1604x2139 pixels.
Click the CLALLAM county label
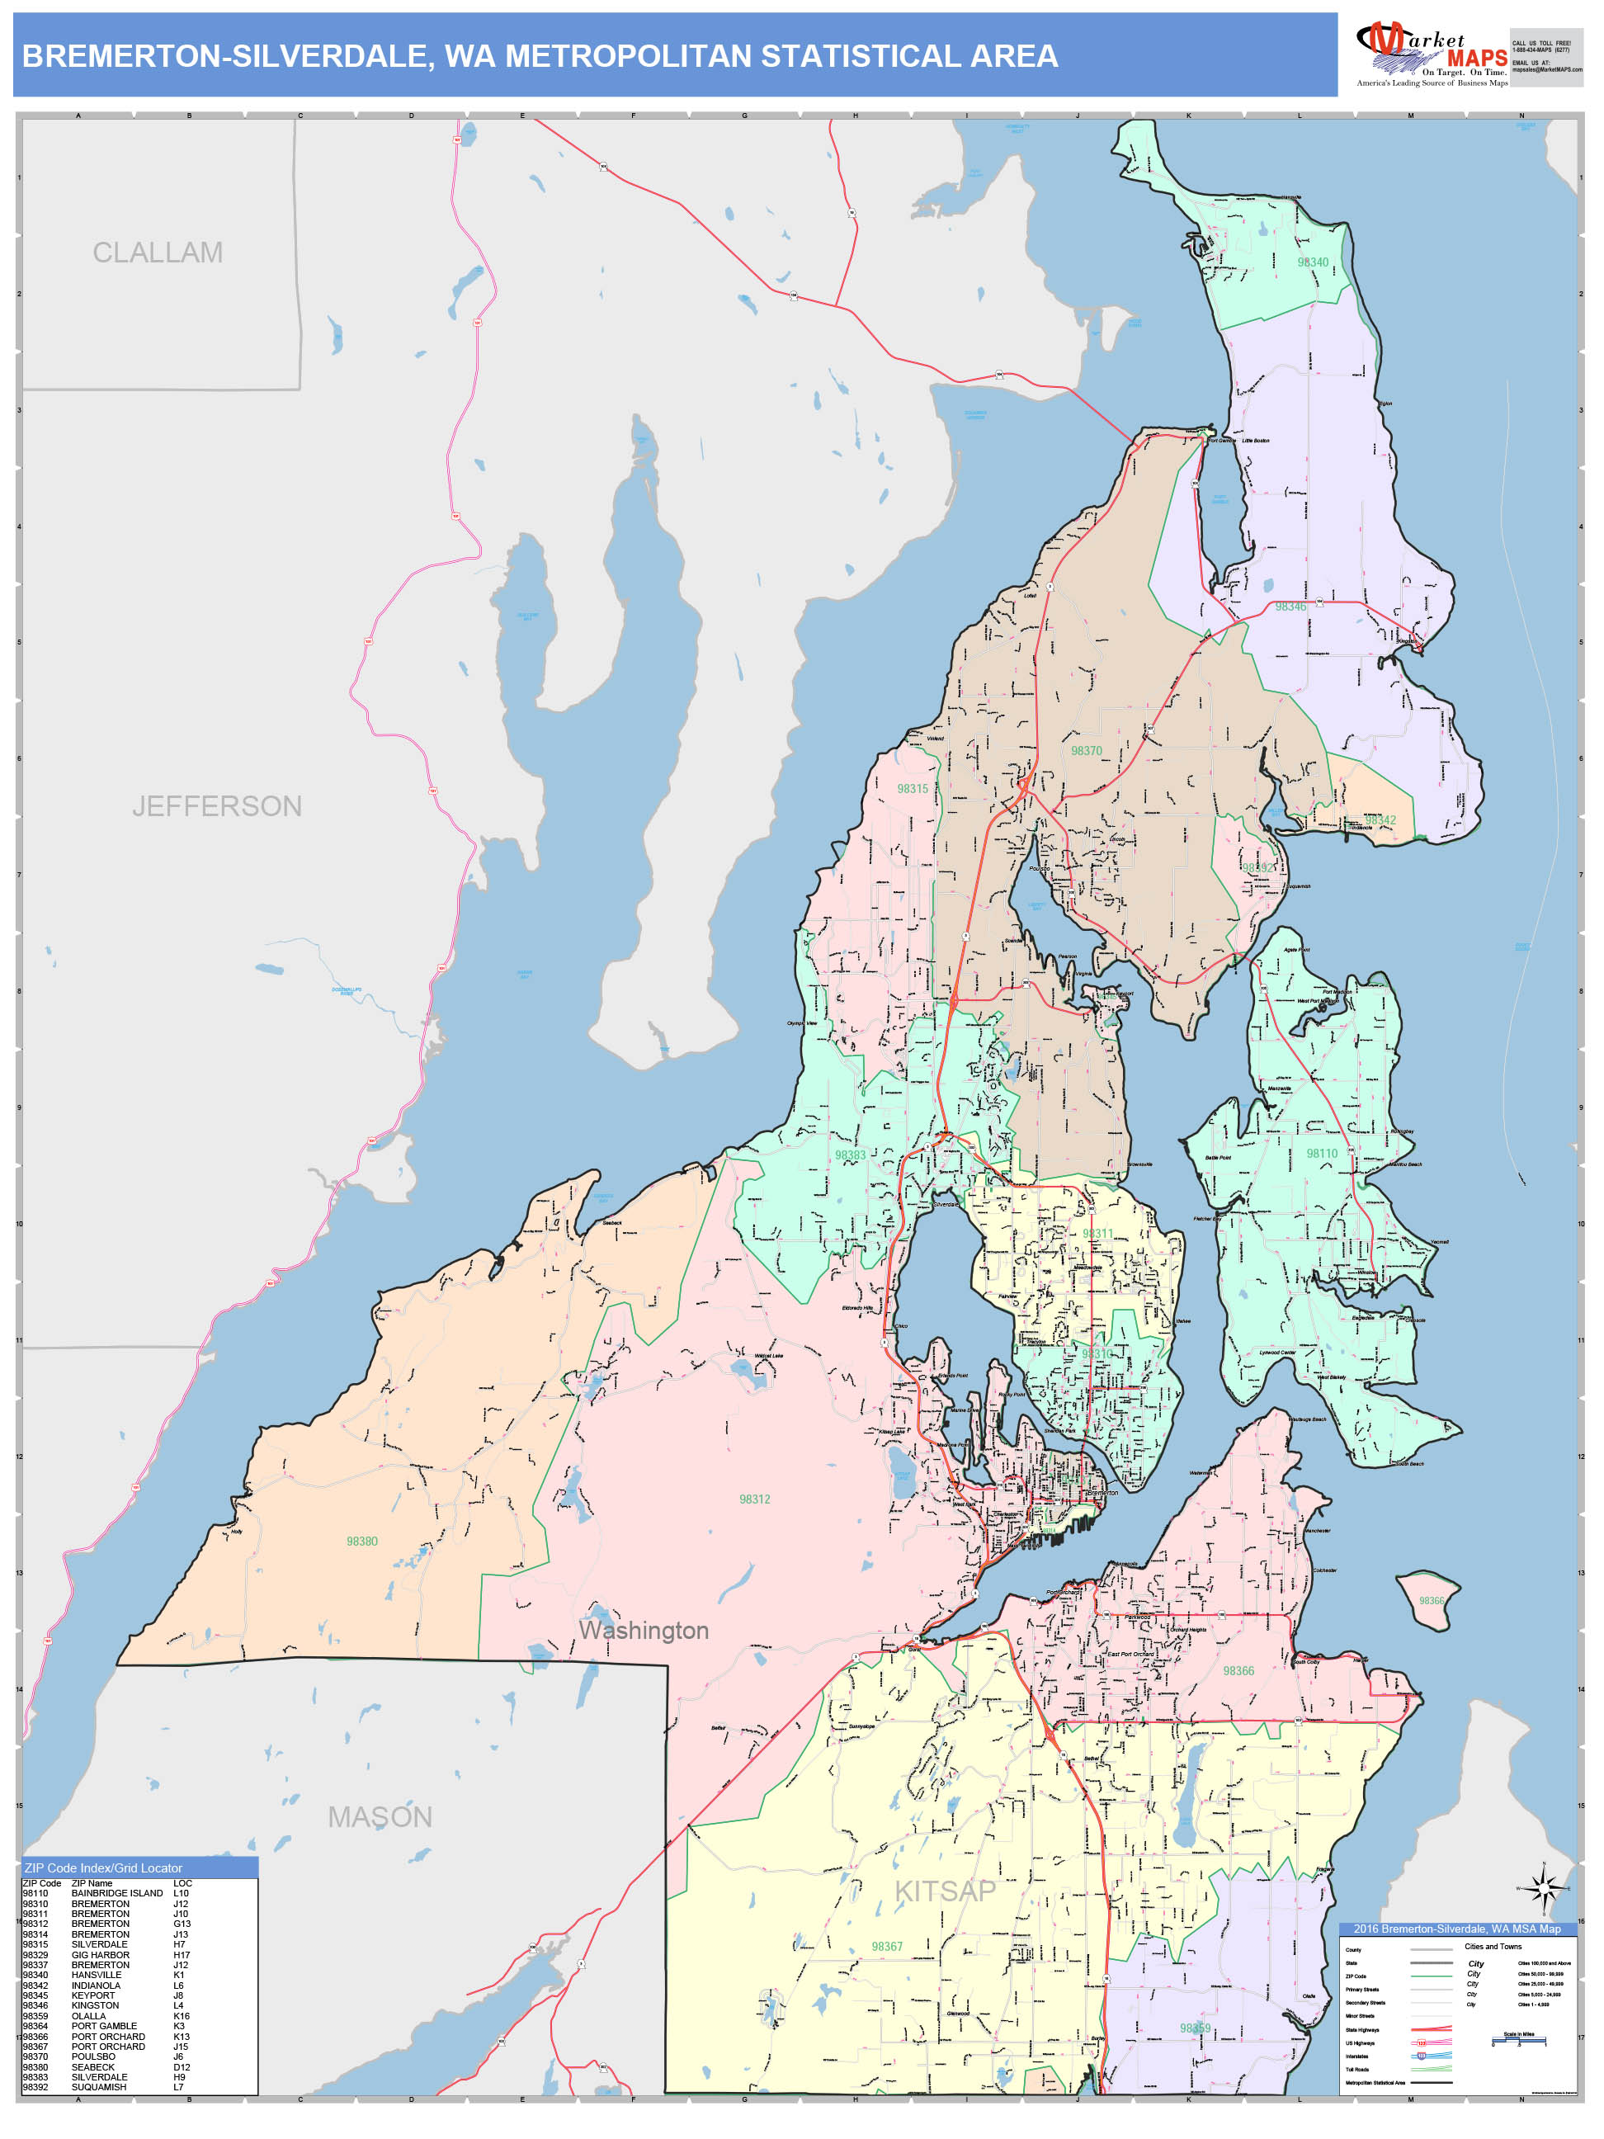click(x=158, y=253)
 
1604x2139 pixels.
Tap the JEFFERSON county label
click(x=216, y=805)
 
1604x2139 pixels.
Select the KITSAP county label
click(x=945, y=1891)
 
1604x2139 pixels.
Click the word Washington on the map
click(x=643, y=1631)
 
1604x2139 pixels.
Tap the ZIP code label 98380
click(x=361, y=1542)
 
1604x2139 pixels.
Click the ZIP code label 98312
click(x=754, y=1499)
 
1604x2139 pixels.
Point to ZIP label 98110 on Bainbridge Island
click(x=1322, y=1154)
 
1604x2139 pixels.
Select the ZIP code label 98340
click(x=1312, y=262)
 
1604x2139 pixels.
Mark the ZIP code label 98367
click(x=887, y=1947)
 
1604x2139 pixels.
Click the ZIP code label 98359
click(x=1194, y=2028)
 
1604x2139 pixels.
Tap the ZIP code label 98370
click(x=1086, y=750)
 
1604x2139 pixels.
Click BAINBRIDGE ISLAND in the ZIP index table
click(x=117, y=1893)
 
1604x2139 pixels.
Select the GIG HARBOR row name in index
click(x=101, y=1954)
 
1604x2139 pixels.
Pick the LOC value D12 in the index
click(x=182, y=2066)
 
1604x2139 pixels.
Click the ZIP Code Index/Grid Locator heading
click(x=103, y=1868)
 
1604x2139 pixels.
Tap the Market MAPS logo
click(x=1432, y=55)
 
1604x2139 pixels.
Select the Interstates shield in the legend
click(x=1422, y=2056)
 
